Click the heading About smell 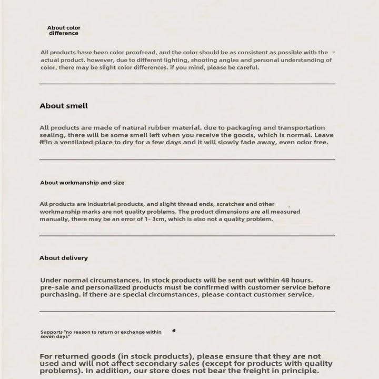coord(64,106)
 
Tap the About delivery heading coord(64,258)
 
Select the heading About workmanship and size coord(82,183)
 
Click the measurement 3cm coord(156,219)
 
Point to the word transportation coord(301,128)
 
